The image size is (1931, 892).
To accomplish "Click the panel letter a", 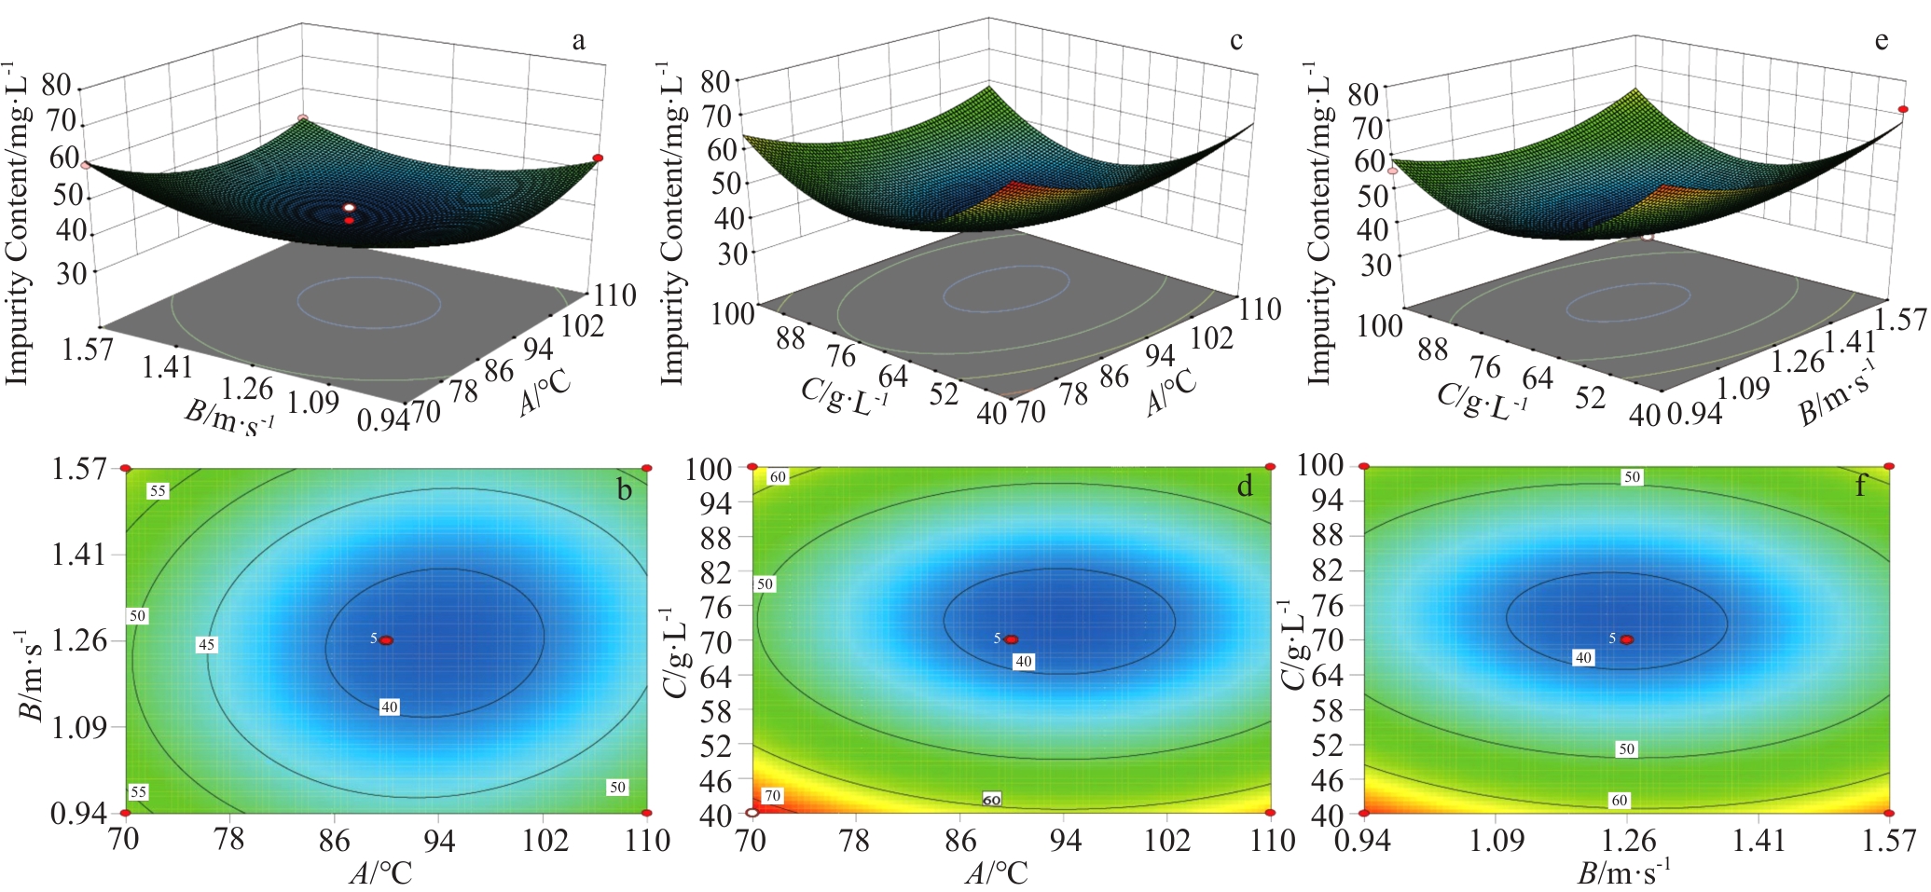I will point(579,41).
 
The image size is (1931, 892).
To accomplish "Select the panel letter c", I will point(1236,41).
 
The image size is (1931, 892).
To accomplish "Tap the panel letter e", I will point(1882,41).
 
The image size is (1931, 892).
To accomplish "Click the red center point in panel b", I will point(386,640).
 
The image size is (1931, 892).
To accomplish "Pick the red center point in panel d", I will point(1011,639).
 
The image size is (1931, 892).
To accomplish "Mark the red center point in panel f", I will point(1627,639).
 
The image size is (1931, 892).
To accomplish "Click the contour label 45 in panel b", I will point(206,644).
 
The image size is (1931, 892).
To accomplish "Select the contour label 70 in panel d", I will point(772,796).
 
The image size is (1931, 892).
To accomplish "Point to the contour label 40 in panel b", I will point(390,707).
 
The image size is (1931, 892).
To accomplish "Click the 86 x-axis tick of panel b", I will point(335,841).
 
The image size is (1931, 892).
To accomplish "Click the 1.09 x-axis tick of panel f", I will point(1497,841).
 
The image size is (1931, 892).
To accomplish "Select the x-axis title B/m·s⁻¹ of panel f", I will point(1623,872).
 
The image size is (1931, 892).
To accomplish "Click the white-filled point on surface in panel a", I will point(349,207).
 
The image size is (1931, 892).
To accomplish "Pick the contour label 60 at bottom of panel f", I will point(1620,800).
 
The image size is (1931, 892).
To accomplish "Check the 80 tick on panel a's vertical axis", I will point(56,85).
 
